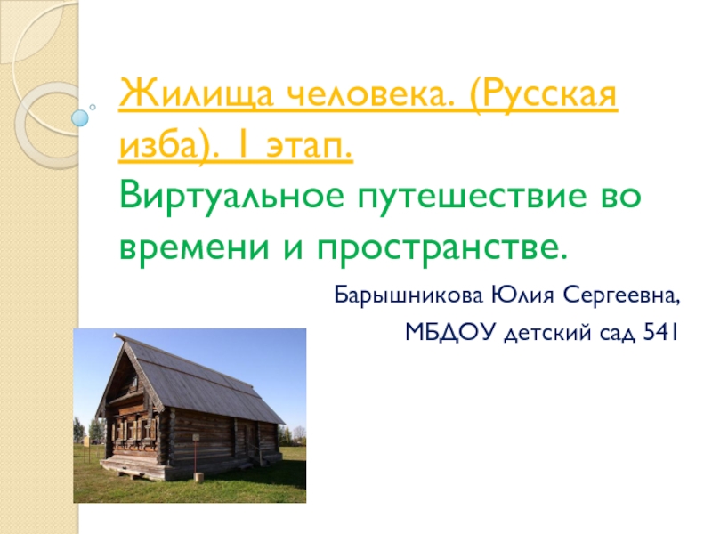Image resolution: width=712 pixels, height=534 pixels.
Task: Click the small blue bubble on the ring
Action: [81, 116]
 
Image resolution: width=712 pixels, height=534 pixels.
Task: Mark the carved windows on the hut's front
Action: [133, 428]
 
